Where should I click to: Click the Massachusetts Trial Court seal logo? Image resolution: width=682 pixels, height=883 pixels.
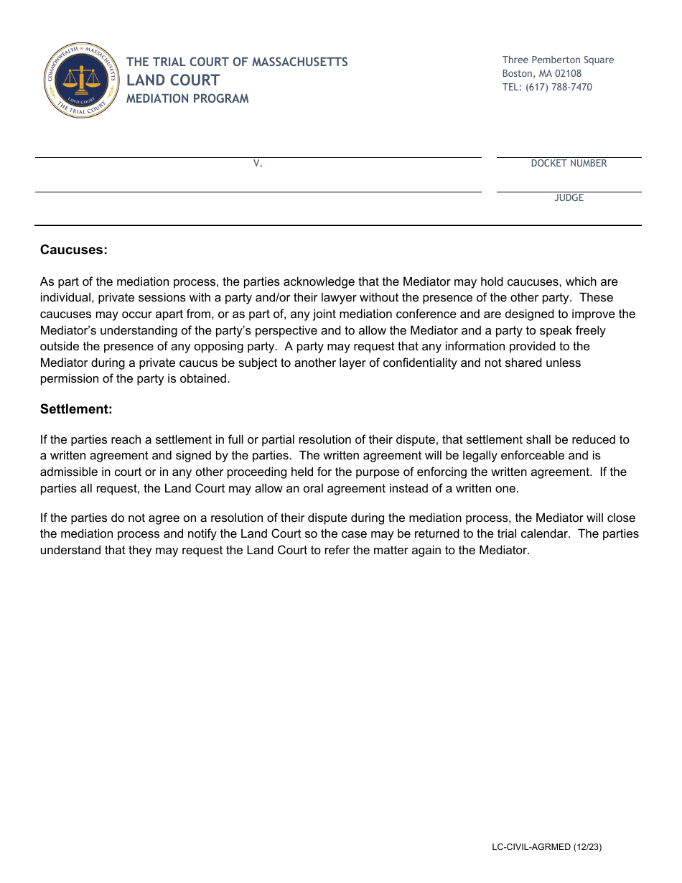81,80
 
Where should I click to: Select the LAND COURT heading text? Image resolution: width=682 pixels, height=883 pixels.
173,80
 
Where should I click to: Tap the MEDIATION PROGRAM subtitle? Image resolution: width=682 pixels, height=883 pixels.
187,99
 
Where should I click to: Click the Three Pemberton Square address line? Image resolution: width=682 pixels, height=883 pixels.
558,60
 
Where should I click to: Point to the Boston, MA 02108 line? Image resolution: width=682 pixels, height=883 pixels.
541,73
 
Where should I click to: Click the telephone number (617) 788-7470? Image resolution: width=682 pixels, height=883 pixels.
559,87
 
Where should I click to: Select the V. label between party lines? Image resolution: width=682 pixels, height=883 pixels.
258,164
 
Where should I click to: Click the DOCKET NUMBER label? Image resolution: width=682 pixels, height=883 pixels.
569,164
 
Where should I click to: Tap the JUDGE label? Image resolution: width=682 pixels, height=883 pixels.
569,198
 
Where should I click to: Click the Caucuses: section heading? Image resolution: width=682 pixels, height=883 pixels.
74,250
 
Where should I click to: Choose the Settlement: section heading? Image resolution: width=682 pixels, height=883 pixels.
76,409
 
